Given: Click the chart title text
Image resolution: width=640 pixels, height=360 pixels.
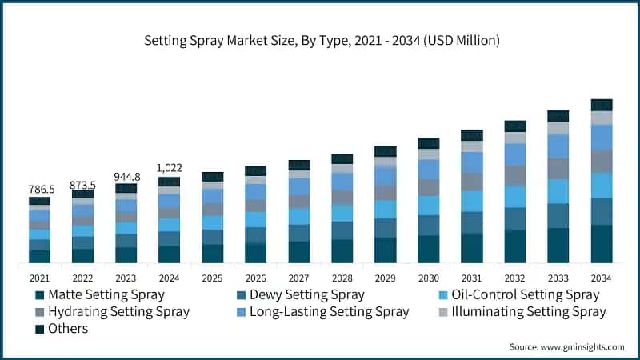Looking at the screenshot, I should pos(320,38).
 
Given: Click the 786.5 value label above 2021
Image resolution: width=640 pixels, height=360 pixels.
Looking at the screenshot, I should pos(39,189).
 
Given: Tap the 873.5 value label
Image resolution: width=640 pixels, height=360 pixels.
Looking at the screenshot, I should pos(82,183).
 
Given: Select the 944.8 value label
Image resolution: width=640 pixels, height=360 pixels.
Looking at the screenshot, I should pos(126,177).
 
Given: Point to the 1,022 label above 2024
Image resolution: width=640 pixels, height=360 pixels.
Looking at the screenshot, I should pos(169,168).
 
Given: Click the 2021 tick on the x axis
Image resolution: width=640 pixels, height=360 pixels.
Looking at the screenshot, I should pos(39,278).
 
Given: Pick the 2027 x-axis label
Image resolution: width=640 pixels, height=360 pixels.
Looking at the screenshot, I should pos(298,278).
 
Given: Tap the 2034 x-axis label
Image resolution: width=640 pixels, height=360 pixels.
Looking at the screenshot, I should pos(601,278).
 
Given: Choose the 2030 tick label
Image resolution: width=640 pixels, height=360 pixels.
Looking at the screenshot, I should pos(428,278).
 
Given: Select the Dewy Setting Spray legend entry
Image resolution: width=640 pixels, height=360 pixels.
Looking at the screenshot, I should pos(306,294).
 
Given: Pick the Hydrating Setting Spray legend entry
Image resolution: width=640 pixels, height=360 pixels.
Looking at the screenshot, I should pos(118,311).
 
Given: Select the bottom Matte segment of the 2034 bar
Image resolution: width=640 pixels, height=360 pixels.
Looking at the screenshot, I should pos(601,244).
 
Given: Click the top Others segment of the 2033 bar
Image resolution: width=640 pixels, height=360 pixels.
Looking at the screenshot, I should pos(558,116).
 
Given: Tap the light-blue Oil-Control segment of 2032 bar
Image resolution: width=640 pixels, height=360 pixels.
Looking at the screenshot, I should pos(514,196).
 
